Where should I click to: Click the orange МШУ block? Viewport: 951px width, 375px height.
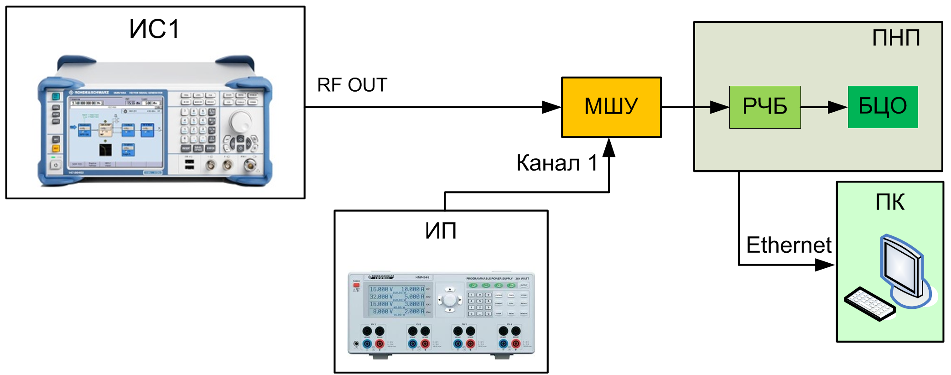[611, 107]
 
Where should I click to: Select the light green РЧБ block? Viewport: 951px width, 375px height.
[765, 107]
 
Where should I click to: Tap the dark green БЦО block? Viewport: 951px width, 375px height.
[883, 107]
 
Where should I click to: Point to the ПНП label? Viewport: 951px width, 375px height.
[896, 38]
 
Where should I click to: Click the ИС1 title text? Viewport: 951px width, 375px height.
[155, 30]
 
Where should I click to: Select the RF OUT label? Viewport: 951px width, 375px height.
[352, 85]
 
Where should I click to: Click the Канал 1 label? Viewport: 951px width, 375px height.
[557, 163]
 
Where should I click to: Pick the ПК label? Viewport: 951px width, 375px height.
[890, 202]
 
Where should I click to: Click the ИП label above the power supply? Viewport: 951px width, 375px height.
[441, 231]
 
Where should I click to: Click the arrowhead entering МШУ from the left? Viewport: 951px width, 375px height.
[551, 107]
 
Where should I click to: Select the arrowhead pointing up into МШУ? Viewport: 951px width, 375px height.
[609, 148]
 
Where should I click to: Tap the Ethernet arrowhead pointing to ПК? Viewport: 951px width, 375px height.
[825, 265]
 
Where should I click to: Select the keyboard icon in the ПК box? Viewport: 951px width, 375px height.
[869, 304]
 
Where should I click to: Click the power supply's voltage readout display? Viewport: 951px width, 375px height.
[397, 300]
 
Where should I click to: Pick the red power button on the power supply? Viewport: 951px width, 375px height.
[356, 285]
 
